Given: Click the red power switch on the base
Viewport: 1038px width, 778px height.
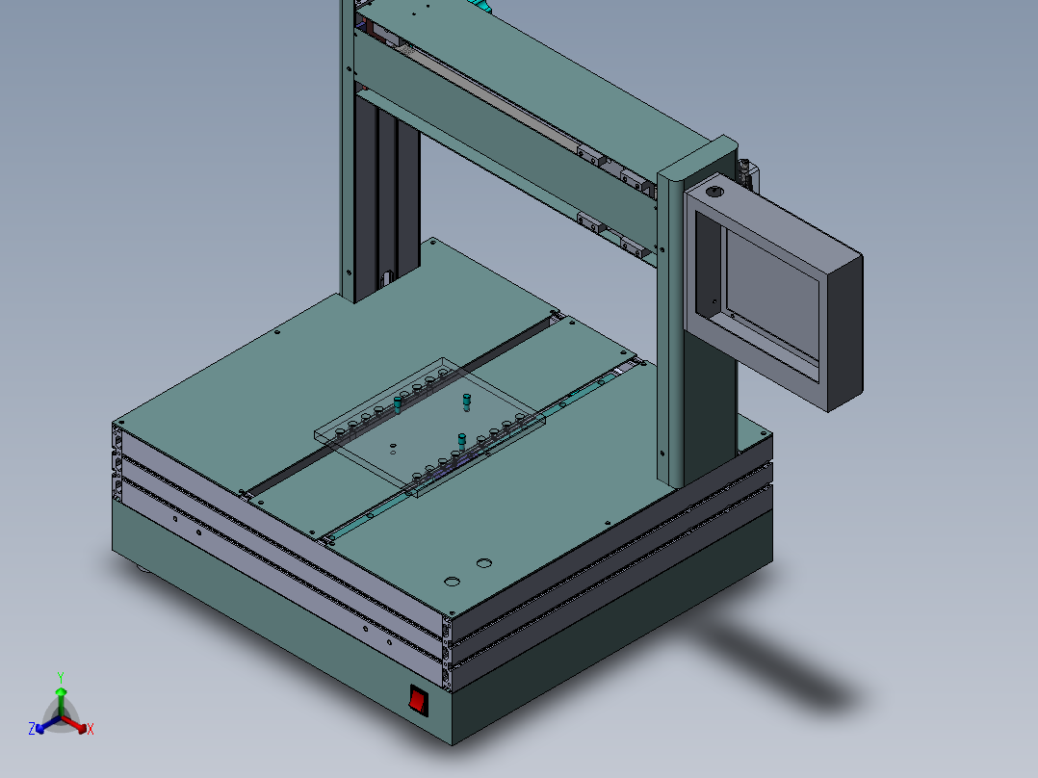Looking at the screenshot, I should click(418, 699).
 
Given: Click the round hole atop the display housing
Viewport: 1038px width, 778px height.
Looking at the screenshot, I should click(713, 193).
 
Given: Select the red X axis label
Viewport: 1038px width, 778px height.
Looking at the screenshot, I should click(91, 730).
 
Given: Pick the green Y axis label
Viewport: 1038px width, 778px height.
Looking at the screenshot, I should click(61, 677).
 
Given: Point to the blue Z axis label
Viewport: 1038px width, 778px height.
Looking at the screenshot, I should click(32, 729).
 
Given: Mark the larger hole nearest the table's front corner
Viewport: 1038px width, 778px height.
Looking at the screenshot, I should click(450, 582).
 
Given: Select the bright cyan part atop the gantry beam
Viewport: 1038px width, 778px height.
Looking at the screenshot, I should click(481, 8).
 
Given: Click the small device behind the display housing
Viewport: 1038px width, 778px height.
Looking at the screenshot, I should click(747, 173).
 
